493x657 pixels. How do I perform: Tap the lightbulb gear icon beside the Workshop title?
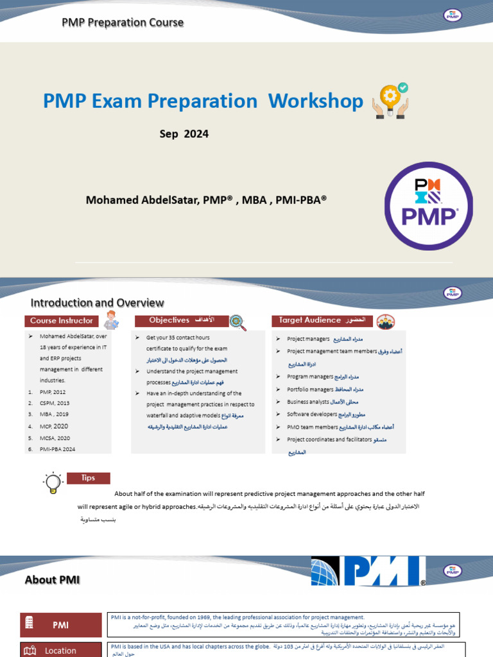tap(390, 101)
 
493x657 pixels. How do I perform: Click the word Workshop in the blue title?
tap(316, 101)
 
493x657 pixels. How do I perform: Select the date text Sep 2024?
tap(184, 134)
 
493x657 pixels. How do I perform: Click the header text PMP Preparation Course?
tap(123, 22)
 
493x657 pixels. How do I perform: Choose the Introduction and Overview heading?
tap(98, 303)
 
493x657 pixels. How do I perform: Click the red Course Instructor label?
tap(62, 320)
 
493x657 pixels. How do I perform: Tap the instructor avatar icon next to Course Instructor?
tap(111, 320)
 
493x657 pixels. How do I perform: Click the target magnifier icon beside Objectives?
tap(238, 321)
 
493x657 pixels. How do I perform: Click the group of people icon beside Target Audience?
tap(386, 321)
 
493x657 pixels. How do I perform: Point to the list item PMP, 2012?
tap(52, 391)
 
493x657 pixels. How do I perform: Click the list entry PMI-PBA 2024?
tap(57, 449)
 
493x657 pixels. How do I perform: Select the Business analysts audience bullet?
tap(308, 402)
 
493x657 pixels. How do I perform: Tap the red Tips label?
tap(88, 478)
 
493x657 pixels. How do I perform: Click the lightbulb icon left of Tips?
tap(53, 482)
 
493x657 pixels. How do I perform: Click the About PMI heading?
tap(52, 580)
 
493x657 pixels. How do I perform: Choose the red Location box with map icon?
tap(61, 650)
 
